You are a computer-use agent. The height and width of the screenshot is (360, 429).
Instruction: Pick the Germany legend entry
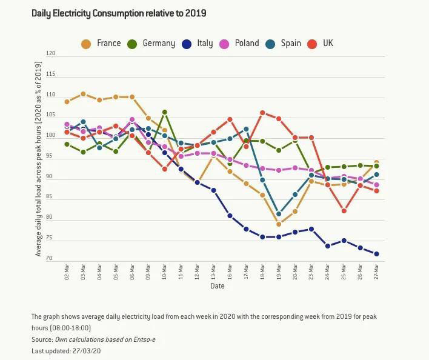coord(151,44)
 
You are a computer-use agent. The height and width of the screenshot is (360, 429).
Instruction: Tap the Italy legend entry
coord(197,44)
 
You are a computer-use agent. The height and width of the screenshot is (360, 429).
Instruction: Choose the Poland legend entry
coord(239,44)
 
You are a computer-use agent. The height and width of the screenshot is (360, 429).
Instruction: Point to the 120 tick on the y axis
coord(50,54)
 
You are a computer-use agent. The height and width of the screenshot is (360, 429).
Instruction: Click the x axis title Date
coord(218,286)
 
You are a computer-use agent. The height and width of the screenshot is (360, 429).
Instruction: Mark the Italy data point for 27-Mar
coord(376,254)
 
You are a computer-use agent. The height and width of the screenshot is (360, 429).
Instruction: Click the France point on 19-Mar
coord(279,224)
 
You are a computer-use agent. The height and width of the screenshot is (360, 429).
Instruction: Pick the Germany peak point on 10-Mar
coord(164,112)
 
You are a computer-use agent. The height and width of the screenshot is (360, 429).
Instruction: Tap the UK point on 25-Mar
coord(344,211)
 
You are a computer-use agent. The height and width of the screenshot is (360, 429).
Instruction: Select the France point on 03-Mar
coord(83,94)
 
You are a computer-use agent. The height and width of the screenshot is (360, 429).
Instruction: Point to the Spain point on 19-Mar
coord(279,214)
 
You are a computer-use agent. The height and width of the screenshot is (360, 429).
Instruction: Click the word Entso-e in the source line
coord(145,339)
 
